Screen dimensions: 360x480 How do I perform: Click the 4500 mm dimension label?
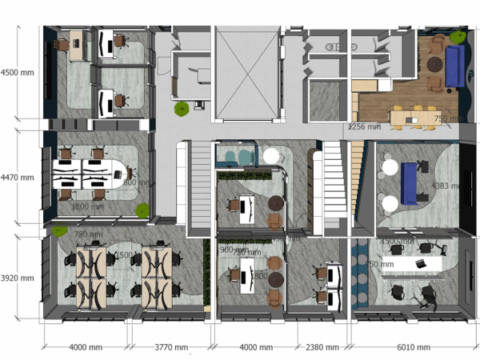[17, 72]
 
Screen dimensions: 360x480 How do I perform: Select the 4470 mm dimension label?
[17, 177]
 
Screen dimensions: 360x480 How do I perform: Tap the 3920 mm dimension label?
[17, 278]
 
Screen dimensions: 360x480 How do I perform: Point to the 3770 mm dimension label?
[170, 347]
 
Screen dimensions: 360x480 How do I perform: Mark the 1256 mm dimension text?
[363, 127]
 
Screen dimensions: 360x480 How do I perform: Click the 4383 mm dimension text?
[446, 186]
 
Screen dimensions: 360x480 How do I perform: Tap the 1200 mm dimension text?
[87, 206]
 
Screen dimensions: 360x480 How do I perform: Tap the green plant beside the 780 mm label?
[59, 231]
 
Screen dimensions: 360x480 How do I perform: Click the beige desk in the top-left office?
[78, 45]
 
